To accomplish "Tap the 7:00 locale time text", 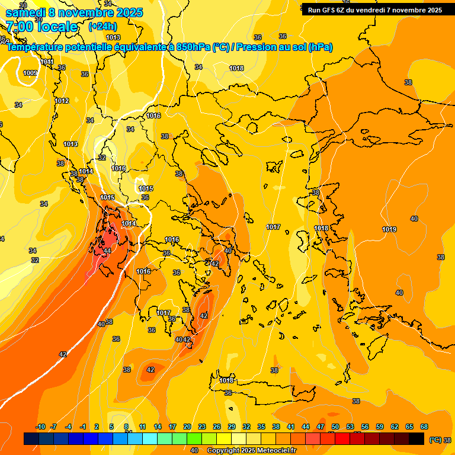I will click(41, 27).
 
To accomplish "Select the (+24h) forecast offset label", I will click(102, 27).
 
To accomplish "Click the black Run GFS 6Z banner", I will click(374, 9).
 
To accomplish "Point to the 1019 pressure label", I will click(389, 229).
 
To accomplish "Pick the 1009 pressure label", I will click(30, 73).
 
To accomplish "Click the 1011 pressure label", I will click(47, 62).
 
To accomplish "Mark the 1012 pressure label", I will click(62, 101).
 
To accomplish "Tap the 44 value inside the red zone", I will click(107, 251).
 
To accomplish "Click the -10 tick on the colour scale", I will click(40, 427).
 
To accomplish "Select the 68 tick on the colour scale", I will click(424, 427).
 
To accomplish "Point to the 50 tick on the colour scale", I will click(335, 427).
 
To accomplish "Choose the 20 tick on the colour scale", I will click(187, 427).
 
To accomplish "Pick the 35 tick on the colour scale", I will click(261, 427).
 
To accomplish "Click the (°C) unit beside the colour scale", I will click(434, 440).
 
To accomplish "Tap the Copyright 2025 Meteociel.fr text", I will click(251, 451).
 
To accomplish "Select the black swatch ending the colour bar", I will click(416, 438).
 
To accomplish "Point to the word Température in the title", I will click(34, 47).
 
